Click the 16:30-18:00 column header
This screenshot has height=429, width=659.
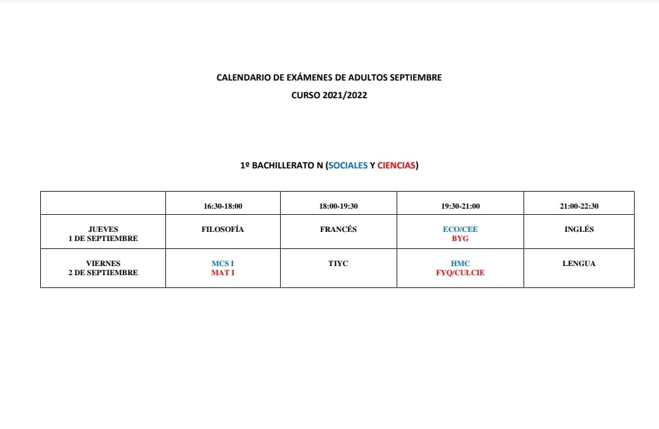point(223,206)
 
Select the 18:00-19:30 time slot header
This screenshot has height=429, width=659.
point(338,206)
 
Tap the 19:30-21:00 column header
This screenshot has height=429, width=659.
point(460,206)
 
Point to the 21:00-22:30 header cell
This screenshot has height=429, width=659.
point(578,206)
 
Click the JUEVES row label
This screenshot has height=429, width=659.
point(103,234)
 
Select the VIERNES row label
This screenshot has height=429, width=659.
point(103,268)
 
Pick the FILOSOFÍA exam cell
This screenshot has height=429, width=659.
point(223,229)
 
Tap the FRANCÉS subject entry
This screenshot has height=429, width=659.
point(338,229)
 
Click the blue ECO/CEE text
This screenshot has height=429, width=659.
point(460,229)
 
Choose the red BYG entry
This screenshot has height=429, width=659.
point(460,239)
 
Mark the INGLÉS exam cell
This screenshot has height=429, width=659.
point(578,229)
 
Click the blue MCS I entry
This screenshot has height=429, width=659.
point(223,264)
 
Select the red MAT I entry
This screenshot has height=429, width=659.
point(223,273)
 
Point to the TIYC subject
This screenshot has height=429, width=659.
point(338,264)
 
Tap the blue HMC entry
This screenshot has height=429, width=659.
point(460,264)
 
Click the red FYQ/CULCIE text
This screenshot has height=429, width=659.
point(460,273)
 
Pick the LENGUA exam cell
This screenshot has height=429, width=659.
point(578,264)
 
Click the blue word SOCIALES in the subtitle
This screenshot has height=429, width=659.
point(348,165)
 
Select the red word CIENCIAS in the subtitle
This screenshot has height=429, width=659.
point(397,165)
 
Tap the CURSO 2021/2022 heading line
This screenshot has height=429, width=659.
point(329,95)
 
